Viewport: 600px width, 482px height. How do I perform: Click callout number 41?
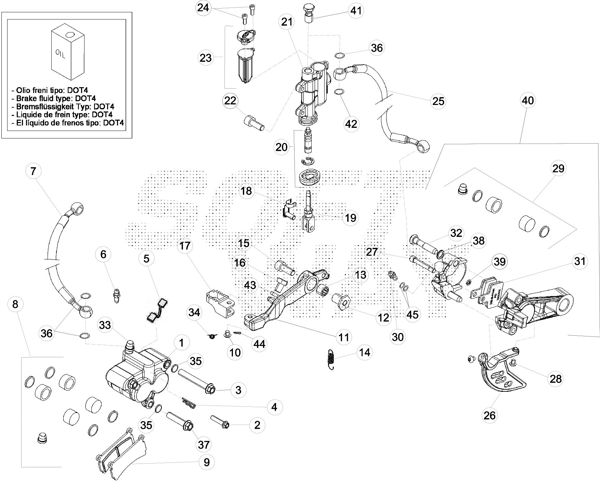(x=356, y=11)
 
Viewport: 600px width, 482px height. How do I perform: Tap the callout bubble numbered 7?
(x=33, y=171)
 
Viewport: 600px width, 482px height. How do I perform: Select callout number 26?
(x=490, y=415)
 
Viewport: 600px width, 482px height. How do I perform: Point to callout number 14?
(x=365, y=352)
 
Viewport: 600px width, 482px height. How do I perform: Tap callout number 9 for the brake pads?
(x=207, y=462)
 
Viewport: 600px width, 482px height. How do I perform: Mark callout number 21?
(x=287, y=22)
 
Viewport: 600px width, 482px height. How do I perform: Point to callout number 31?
(x=580, y=262)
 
